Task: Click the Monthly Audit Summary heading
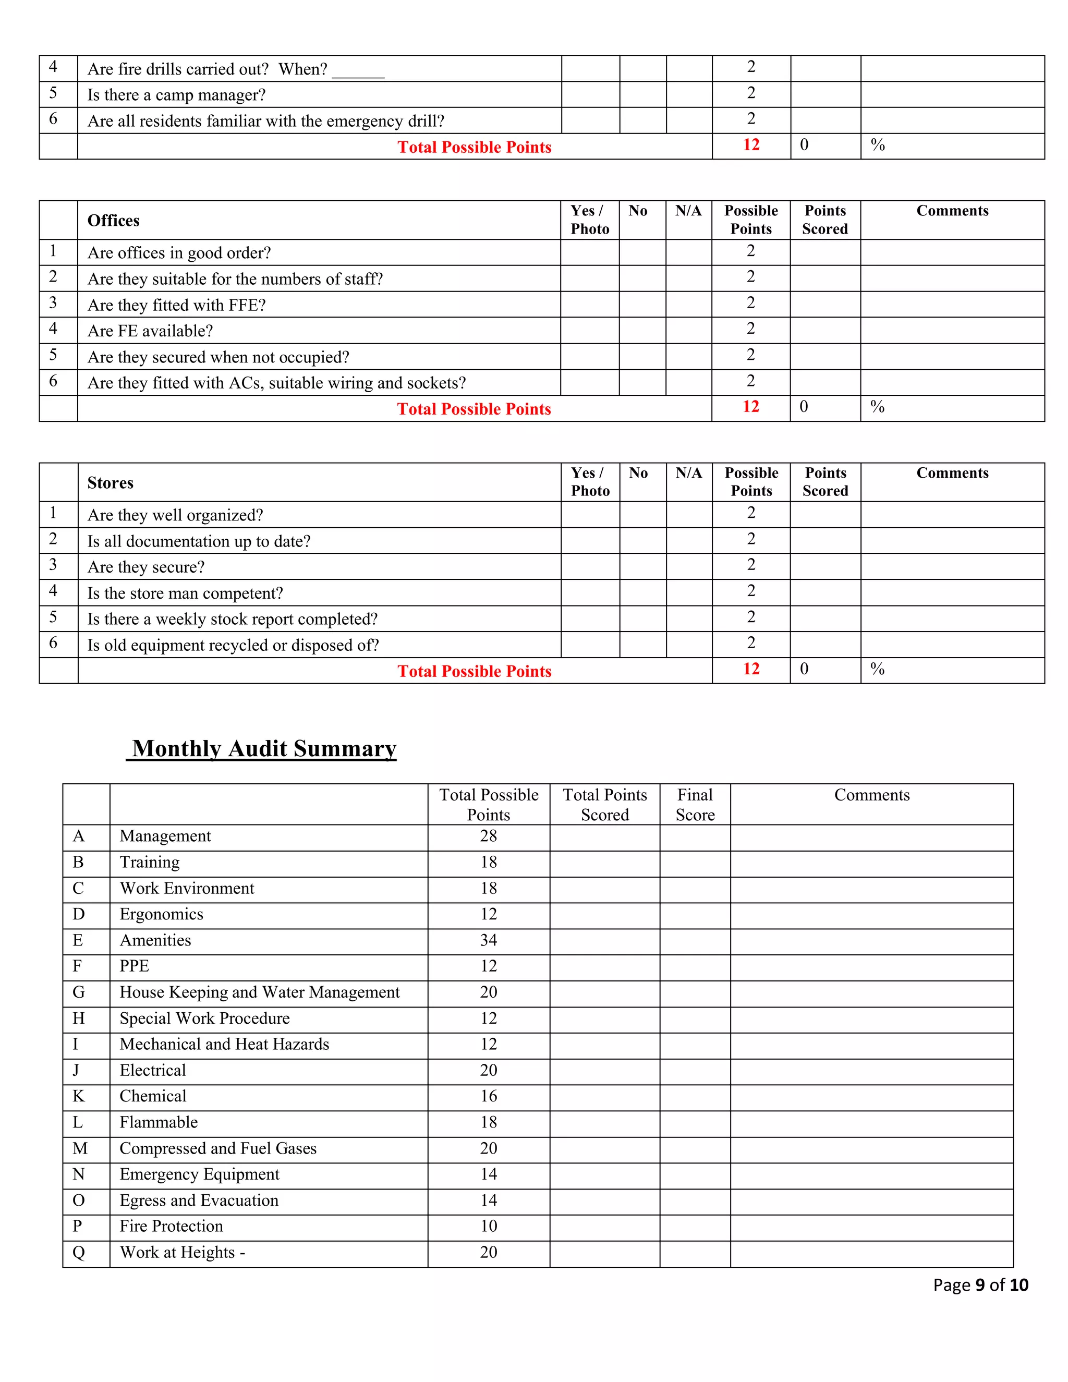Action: pyautogui.click(x=264, y=748)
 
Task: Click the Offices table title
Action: pyautogui.click(x=113, y=220)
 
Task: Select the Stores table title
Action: pyautogui.click(x=110, y=483)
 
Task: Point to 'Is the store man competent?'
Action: pyautogui.click(x=185, y=593)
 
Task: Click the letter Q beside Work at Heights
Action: pyautogui.click(x=78, y=1252)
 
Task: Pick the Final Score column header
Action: pyautogui.click(x=695, y=804)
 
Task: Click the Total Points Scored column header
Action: pyautogui.click(x=605, y=804)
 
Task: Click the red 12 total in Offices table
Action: pyautogui.click(x=750, y=407)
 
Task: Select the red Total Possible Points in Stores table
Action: pyautogui.click(x=474, y=671)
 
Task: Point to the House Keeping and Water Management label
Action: pyautogui.click(x=259, y=992)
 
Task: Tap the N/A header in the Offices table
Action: pyautogui.click(x=688, y=211)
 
